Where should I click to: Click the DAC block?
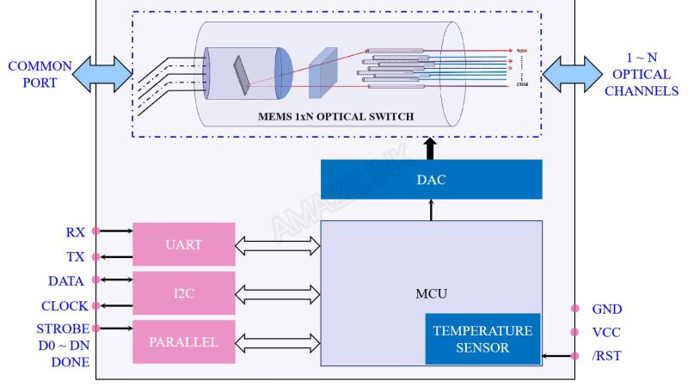tap(431, 181)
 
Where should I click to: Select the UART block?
tap(183, 244)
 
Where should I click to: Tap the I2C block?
tap(183, 293)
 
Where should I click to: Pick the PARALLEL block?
tap(183, 341)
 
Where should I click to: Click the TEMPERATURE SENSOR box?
tap(482, 339)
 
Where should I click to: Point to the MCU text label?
tap(431, 294)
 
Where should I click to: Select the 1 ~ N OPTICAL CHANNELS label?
tap(641, 75)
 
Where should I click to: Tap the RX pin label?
tap(76, 232)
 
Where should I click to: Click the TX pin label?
tap(76, 257)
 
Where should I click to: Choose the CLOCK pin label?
tap(64, 305)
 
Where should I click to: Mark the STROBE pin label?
tap(62, 329)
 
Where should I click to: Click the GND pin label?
tap(606, 309)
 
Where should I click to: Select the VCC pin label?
tap(606, 332)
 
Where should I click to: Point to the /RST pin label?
tap(606, 356)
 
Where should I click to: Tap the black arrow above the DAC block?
tap(431, 148)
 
